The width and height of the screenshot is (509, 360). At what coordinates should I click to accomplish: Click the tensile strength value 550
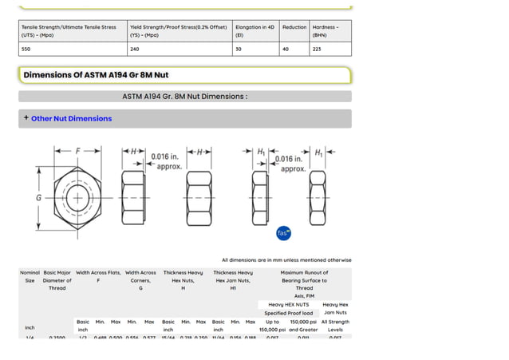tap(27, 49)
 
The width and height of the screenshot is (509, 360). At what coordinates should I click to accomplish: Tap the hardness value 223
tap(318, 49)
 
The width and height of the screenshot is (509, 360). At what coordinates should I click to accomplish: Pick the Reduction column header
tap(294, 27)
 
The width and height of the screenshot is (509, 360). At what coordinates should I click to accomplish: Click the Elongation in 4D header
tap(254, 30)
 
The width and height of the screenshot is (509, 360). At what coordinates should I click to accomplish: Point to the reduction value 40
tap(286, 49)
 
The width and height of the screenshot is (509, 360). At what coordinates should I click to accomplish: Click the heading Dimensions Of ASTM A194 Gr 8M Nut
tap(96, 75)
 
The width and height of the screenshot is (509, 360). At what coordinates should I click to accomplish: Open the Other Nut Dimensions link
tap(71, 118)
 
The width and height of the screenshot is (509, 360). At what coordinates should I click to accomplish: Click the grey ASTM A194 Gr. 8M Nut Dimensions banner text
tap(184, 97)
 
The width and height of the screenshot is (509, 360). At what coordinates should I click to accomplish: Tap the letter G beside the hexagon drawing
tap(38, 197)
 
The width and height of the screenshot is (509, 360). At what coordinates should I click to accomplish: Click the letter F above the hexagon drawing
tap(77, 151)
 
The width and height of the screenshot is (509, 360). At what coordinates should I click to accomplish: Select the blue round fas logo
tap(283, 232)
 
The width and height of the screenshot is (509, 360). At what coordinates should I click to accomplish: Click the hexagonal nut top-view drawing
tap(77, 196)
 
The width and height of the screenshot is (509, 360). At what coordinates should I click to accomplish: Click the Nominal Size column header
tap(30, 276)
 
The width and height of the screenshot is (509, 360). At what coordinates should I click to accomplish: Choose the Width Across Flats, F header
tap(98, 276)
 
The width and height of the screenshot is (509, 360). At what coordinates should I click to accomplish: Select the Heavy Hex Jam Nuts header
tap(335, 308)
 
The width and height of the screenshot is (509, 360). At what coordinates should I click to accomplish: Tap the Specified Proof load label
tap(288, 313)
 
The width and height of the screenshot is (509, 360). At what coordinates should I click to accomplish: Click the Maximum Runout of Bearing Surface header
tap(304, 280)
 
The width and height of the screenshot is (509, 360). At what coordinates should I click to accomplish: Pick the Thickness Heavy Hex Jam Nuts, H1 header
tap(233, 280)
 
